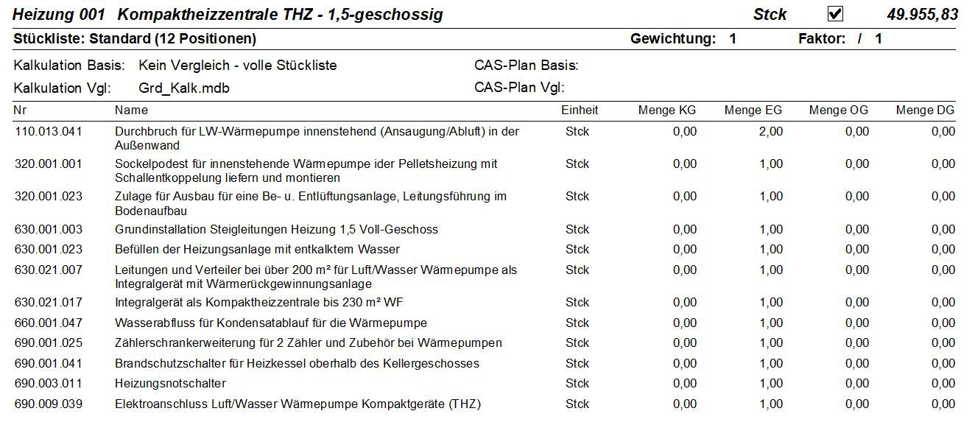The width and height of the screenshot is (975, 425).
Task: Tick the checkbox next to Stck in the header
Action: [835, 14]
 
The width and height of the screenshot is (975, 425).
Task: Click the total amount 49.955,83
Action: [922, 15]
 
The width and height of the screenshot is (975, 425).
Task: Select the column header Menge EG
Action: [753, 110]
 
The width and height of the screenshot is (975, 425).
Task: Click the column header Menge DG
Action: [925, 110]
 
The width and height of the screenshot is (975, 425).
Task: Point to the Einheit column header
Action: [580, 110]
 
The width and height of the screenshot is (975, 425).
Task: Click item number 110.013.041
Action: [49, 132]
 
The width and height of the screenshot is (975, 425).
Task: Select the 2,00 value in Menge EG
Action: [771, 132]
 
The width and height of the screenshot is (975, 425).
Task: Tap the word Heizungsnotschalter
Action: [171, 384]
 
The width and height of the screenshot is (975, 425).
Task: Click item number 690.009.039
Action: [49, 404]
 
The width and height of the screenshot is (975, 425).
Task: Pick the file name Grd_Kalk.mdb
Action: [183, 88]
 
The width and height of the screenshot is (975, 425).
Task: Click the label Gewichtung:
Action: [673, 39]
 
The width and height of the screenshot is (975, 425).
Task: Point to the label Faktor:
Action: [822, 39]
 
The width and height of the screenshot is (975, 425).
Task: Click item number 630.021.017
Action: [49, 302]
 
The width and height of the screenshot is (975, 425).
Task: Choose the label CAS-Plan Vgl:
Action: [519, 88]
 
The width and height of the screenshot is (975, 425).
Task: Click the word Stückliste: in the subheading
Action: [49, 39]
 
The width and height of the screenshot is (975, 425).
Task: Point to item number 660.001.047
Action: [49, 323]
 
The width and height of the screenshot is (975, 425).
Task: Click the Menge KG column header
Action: [667, 110]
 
